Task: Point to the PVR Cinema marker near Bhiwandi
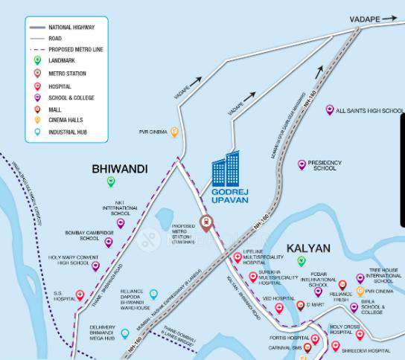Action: pyautogui.click(x=174, y=132)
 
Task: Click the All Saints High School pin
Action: pyautogui.click(x=329, y=109)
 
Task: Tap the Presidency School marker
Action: pyautogui.click(x=302, y=164)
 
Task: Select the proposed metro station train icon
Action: pyautogui.click(x=206, y=221)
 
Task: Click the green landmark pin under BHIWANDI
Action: pyautogui.click(x=111, y=181)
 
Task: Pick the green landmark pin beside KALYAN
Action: pyautogui.click(x=302, y=261)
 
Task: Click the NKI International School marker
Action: pyautogui.click(x=120, y=222)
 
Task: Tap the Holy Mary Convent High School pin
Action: pyautogui.click(x=95, y=266)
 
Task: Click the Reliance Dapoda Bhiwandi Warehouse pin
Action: pyautogui.click(x=154, y=295)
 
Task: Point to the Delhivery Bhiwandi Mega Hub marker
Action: pyautogui.click(x=124, y=333)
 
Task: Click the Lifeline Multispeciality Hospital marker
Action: pyautogui.click(x=237, y=257)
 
